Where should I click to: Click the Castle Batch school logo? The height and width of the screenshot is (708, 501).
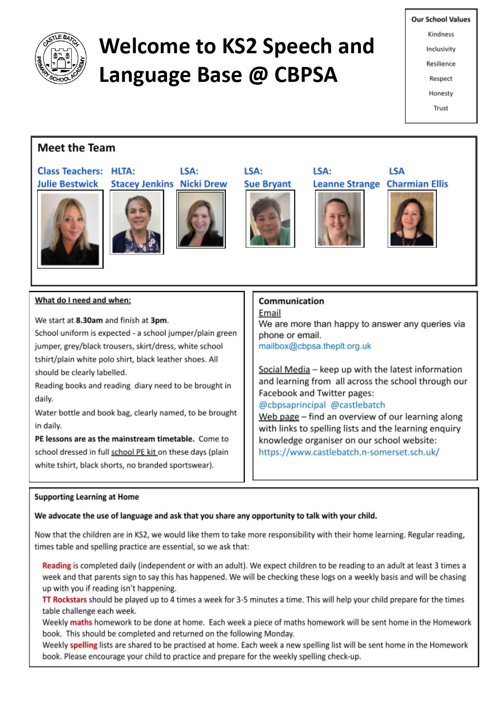tap(61, 58)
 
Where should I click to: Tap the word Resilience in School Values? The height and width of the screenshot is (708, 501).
tap(440, 64)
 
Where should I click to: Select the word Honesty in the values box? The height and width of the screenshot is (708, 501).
tap(440, 93)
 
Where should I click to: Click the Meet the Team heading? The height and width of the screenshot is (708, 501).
tap(76, 148)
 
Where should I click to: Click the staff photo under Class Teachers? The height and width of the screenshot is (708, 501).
tap(70, 229)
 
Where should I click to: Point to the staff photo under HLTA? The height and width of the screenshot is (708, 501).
tap(137, 222)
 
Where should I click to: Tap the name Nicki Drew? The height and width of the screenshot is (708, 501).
tap(203, 184)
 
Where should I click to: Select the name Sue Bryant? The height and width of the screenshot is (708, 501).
tap(267, 184)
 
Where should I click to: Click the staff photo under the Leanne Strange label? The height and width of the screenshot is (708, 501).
tap(339, 219)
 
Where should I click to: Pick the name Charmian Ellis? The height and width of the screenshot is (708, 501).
tap(417, 184)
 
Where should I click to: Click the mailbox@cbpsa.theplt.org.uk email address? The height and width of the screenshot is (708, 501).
tap(315, 346)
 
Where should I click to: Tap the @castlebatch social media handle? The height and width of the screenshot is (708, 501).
tap(358, 405)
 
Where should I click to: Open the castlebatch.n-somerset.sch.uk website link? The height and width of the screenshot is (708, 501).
tap(349, 452)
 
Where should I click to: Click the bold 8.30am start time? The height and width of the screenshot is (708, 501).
tap(89, 320)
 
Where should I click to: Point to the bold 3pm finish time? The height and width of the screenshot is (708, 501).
tap(159, 320)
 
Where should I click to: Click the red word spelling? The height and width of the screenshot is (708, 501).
tap(83, 645)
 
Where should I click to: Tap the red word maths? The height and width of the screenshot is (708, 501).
tap(81, 622)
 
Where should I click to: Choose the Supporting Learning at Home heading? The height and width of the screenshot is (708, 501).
tap(87, 497)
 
